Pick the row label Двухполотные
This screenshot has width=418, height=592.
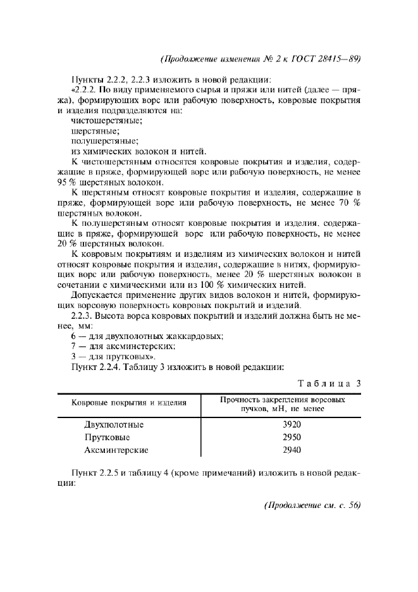(114, 424)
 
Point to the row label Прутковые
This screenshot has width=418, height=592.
(108, 437)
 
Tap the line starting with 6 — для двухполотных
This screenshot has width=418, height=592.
(148, 336)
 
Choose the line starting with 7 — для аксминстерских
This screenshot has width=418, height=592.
(123, 346)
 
